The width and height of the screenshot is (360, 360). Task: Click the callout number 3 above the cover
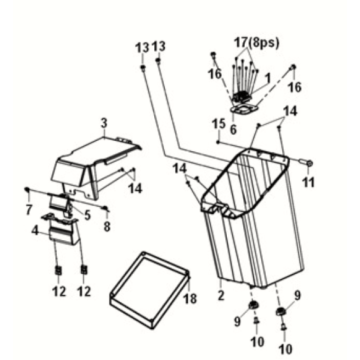(104, 123)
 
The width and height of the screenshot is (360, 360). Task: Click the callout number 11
(308, 182)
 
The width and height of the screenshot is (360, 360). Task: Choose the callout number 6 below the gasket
(233, 128)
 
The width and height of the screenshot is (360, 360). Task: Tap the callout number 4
(37, 231)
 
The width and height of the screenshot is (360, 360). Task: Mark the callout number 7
(28, 208)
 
